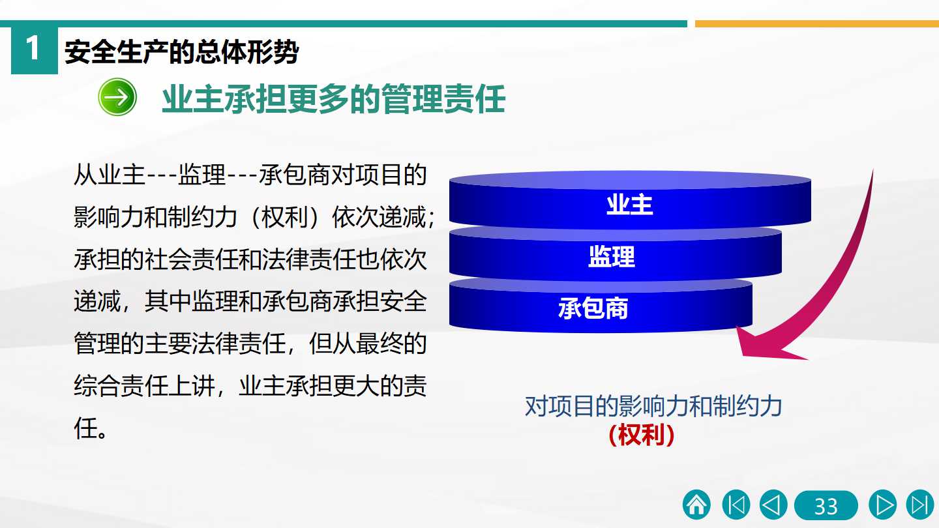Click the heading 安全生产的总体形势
(x=181, y=52)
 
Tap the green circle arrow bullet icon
(x=117, y=96)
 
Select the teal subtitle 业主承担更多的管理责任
(x=334, y=99)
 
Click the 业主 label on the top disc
(x=630, y=205)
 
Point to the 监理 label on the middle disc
(x=612, y=256)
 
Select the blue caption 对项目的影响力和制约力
(x=653, y=406)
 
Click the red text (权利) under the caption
(x=642, y=435)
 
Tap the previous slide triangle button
(x=773, y=505)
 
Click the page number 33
(x=826, y=505)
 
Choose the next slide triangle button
(x=883, y=505)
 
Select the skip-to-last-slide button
(x=920, y=505)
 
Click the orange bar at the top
(x=817, y=24)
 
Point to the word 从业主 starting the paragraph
(x=110, y=175)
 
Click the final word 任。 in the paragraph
(x=91, y=428)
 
